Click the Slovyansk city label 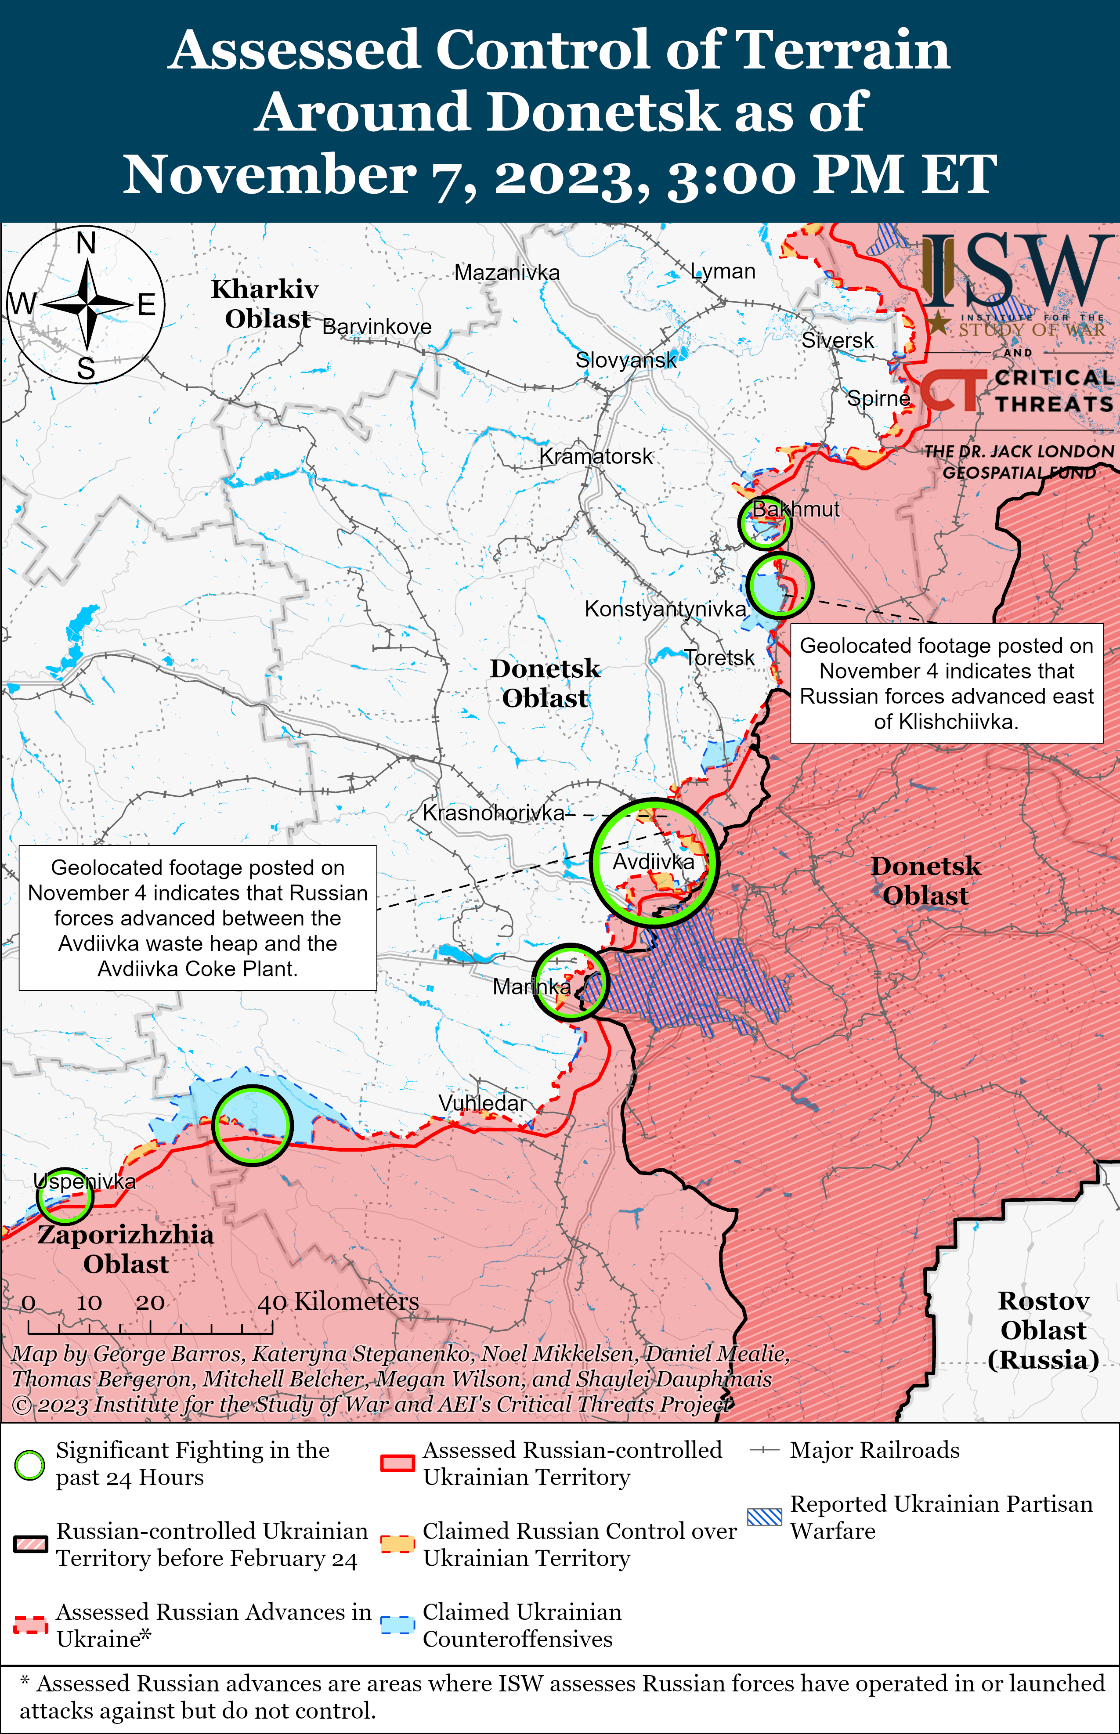point(625,360)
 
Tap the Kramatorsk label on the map point(596,457)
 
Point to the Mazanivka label point(507,273)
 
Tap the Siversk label point(838,340)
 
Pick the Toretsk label point(719,658)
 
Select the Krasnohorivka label point(493,813)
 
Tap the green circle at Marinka point(570,982)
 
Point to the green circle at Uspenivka point(65,1196)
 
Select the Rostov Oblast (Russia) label point(1043,1330)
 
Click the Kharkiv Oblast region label point(265,304)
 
